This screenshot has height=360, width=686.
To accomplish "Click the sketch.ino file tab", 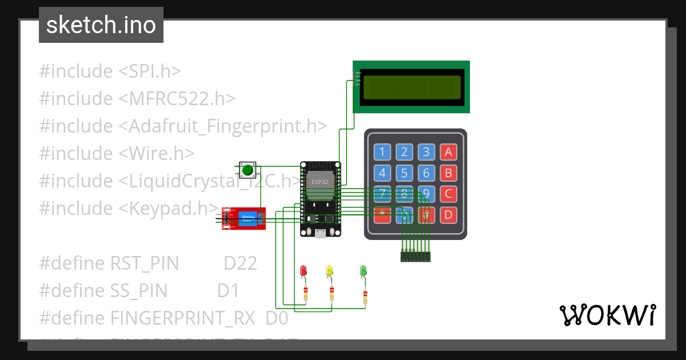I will (x=101, y=25).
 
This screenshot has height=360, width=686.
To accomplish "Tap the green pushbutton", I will (x=247, y=170).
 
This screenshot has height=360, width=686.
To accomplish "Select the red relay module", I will (x=244, y=218).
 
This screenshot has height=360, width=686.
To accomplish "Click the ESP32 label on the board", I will (x=320, y=182).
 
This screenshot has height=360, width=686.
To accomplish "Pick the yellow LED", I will (x=329, y=271).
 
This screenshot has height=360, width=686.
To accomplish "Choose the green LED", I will (x=363, y=271).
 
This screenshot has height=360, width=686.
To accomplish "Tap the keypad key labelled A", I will (x=448, y=152).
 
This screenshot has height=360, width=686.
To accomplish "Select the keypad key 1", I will (x=382, y=152).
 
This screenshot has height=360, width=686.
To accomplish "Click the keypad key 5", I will (x=404, y=173).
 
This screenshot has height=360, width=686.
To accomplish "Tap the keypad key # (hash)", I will (x=426, y=215).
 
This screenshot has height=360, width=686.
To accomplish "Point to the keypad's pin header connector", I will (x=415, y=257).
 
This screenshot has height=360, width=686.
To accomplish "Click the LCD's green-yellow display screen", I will (x=412, y=87).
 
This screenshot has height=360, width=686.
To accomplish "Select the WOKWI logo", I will (x=607, y=315).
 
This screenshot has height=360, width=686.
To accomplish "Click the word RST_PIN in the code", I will (x=145, y=263).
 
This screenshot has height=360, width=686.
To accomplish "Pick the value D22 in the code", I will (x=240, y=263).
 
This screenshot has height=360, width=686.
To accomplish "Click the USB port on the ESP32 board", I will (x=320, y=233).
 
